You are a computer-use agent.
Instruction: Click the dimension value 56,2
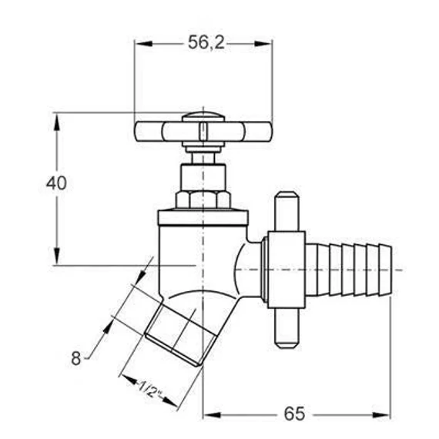pyautogui.click(x=206, y=42)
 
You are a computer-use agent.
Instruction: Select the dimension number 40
pyautogui.click(x=56, y=183)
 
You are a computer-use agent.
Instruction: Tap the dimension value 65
pyautogui.click(x=294, y=414)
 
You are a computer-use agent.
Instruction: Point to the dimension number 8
pyautogui.click(x=76, y=358)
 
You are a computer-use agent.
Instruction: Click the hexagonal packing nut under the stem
pyautogui.click(x=203, y=199)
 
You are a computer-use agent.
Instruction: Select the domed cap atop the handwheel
pyautogui.click(x=203, y=116)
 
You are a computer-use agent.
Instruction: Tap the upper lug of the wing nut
pyautogui.click(x=287, y=211)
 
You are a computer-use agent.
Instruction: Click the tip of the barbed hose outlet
pyautogui.click(x=390, y=270)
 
